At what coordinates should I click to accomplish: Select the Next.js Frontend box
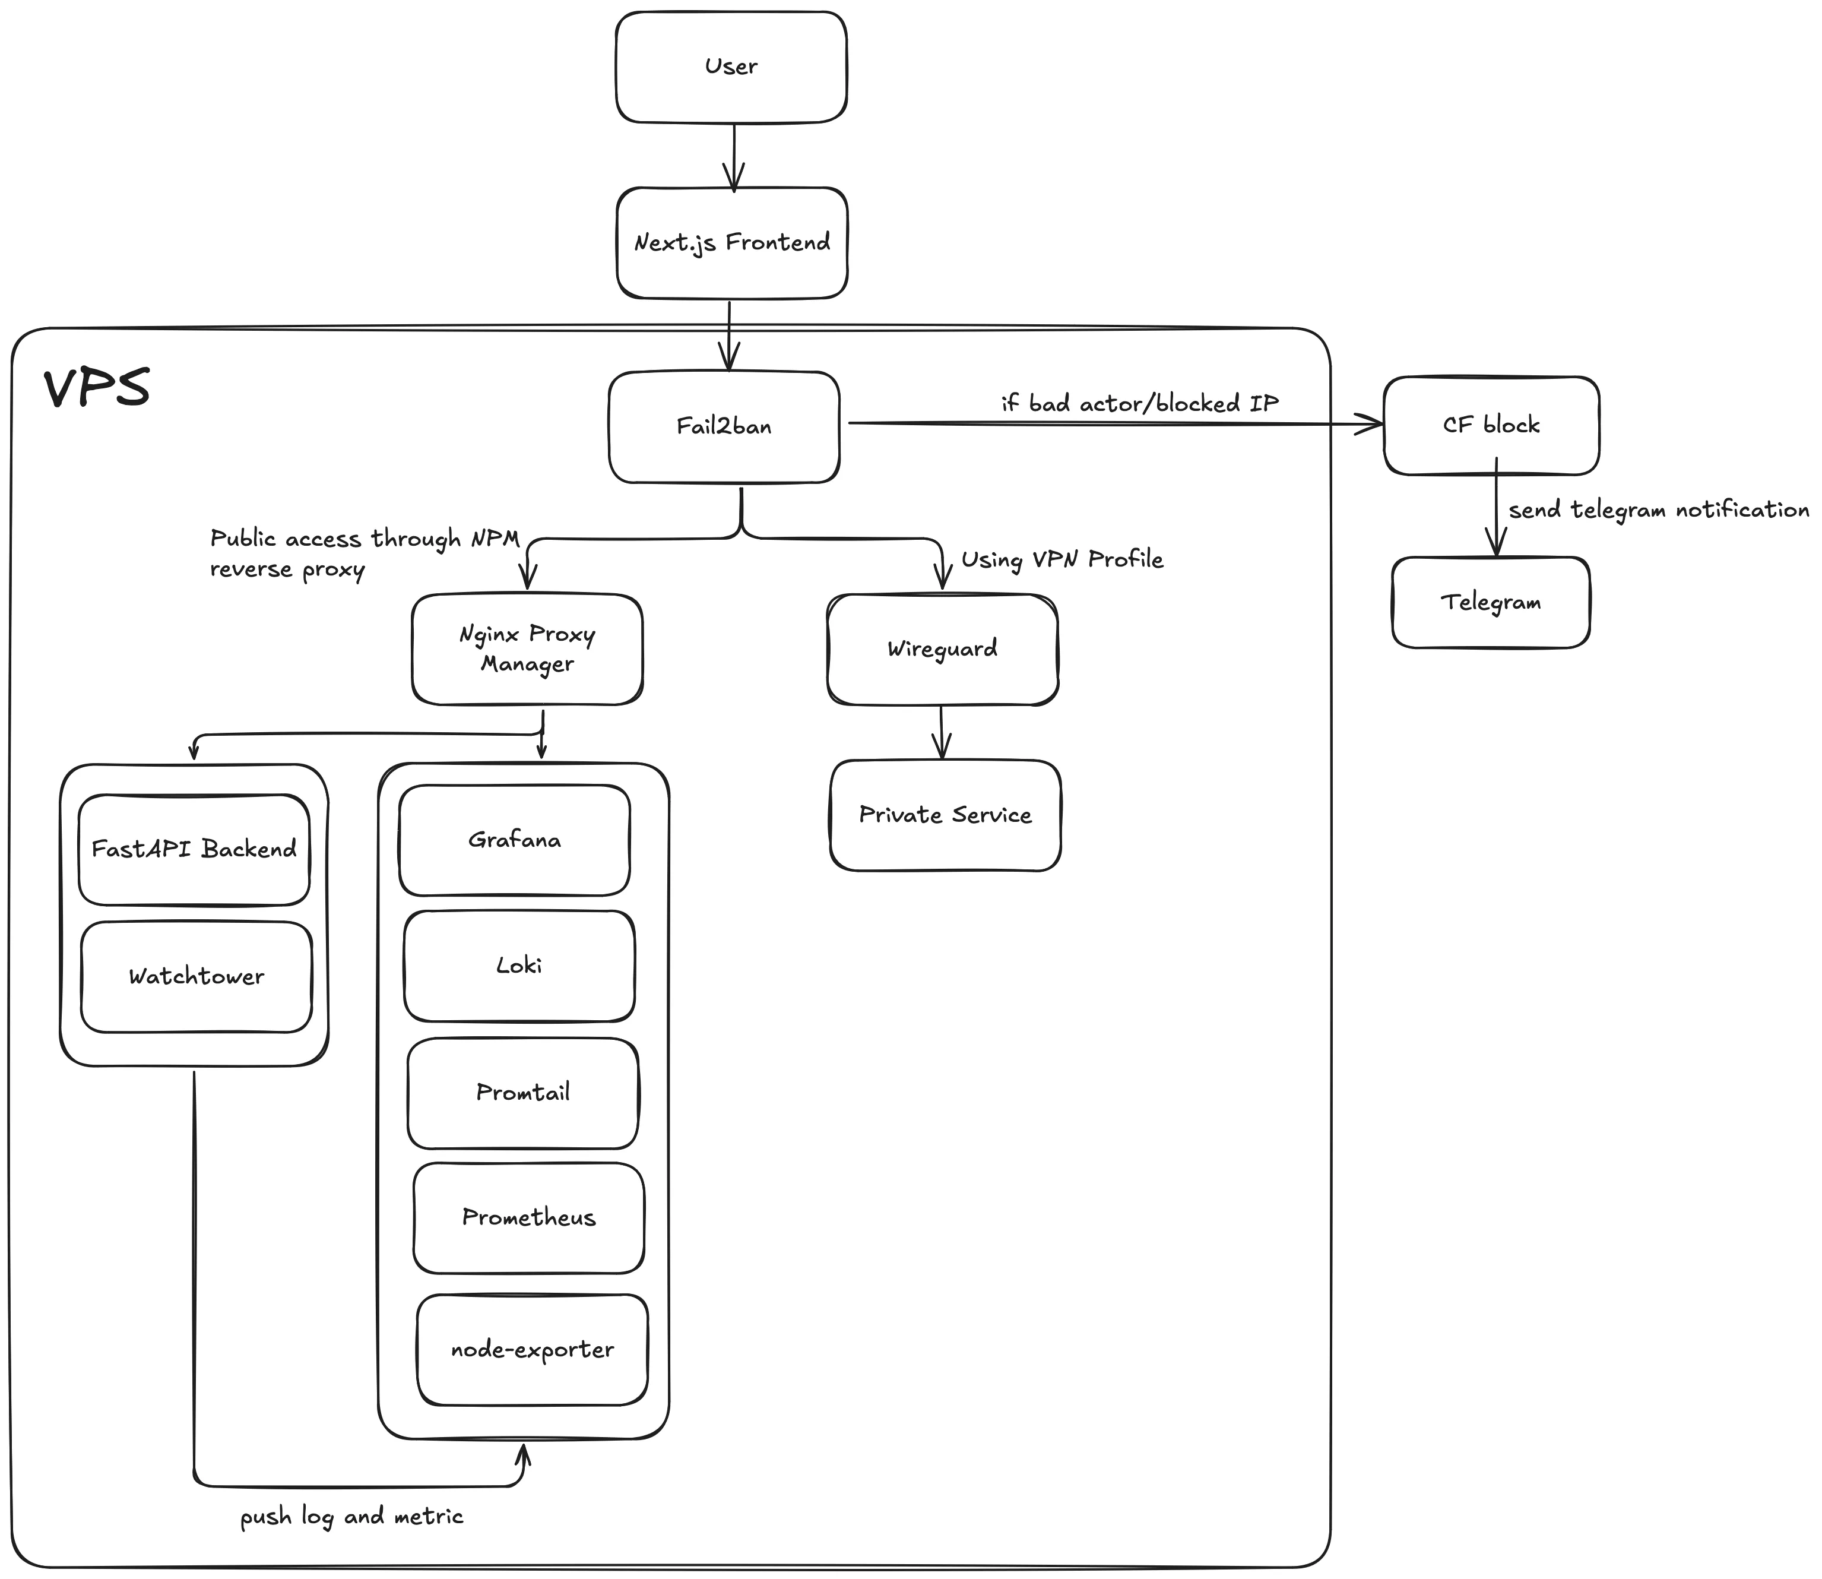click(x=731, y=242)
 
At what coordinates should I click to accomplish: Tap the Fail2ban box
click(x=723, y=426)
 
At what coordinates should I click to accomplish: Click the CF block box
click(x=1491, y=426)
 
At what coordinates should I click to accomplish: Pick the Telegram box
click(x=1491, y=603)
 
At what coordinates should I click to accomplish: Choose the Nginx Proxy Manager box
click(x=527, y=650)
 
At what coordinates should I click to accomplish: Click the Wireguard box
click(x=942, y=650)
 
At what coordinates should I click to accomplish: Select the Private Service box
click(x=945, y=815)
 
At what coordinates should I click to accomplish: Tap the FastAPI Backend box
click(x=194, y=849)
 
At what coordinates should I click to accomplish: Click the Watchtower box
click(x=195, y=976)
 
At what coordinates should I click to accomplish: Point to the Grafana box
click(x=515, y=840)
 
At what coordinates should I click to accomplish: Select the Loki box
click(x=519, y=966)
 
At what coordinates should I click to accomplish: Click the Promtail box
click(x=522, y=1093)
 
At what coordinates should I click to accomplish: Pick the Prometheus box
click(x=528, y=1218)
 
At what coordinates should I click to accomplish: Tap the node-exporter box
click(x=532, y=1350)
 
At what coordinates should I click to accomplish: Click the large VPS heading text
click(x=97, y=388)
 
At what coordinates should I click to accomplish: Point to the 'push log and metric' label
click(x=351, y=1517)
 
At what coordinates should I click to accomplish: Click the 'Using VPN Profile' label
click(x=1061, y=559)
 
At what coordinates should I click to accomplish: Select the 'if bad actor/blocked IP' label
click(x=1139, y=404)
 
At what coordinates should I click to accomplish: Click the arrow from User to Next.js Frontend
click(x=734, y=156)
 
